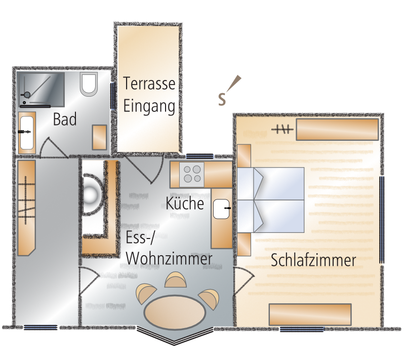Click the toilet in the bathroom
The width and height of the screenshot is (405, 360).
[89, 84]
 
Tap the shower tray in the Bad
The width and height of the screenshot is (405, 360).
[41, 89]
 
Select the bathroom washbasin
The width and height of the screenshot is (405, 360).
[27, 133]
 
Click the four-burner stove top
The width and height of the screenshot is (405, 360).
[192, 174]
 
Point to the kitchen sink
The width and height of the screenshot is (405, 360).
[221, 209]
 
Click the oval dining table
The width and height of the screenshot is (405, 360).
[175, 312]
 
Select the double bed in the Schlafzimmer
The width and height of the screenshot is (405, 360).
[270, 200]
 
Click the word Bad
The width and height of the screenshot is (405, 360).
[65, 119]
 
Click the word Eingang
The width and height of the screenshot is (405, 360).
[149, 106]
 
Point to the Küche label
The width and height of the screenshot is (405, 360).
[185, 203]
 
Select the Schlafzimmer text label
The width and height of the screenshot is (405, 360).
[313, 260]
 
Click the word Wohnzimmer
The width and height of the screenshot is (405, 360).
[169, 258]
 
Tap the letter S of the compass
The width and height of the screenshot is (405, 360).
[222, 99]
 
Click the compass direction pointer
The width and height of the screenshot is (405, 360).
[234, 84]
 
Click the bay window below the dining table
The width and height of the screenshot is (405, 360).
[175, 335]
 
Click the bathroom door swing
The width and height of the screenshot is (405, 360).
[54, 147]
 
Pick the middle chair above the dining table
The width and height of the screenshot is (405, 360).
[176, 279]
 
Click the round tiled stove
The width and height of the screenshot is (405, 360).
[91, 194]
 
